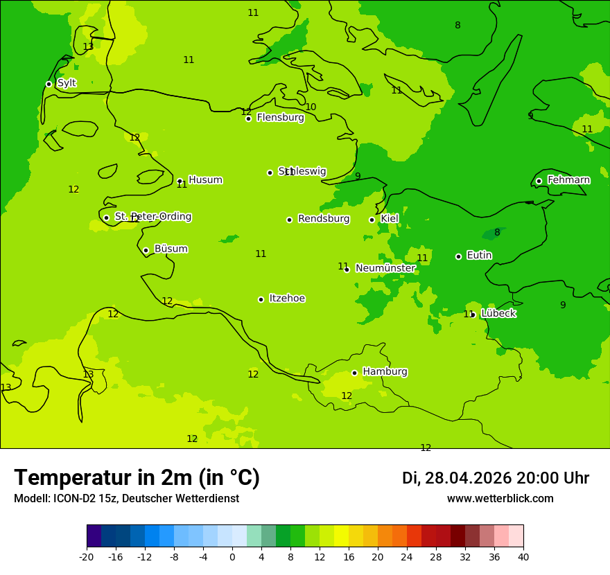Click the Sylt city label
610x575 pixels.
67,83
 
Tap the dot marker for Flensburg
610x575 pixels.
248,118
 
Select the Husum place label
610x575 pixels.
205,180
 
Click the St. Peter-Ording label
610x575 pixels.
152,217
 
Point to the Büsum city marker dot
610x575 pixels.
146,250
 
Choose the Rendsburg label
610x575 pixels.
324,219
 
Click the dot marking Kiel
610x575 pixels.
372,220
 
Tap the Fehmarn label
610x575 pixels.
568,180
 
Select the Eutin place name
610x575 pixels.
479,256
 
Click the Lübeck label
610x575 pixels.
498,314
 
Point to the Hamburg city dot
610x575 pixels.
354,373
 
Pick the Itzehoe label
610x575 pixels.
287,299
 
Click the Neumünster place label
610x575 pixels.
385,268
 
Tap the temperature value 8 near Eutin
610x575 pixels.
497,233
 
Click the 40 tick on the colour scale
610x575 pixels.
523,556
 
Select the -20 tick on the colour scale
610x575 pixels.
87,556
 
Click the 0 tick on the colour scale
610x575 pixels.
232,556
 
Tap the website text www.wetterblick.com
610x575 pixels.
500,499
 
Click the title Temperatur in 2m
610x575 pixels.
137,478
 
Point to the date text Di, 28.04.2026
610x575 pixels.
456,478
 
